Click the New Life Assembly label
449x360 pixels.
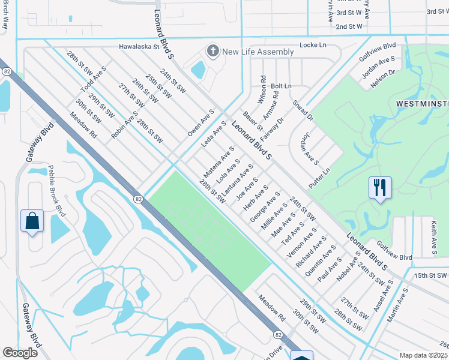[258, 52]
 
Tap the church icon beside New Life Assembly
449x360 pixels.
[212, 52]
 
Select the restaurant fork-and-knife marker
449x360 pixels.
[380, 188]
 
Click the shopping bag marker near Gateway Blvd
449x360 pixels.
[32, 221]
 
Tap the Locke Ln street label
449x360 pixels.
[313, 45]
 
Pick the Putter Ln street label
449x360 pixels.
[319, 179]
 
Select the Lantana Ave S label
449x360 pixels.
[237, 181]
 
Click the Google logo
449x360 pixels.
[20, 353]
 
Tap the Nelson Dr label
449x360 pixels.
[382, 79]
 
